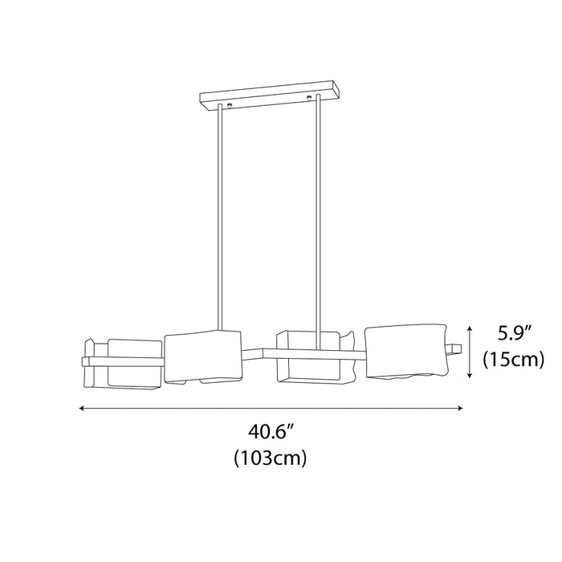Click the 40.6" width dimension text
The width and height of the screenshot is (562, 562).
coord(271,433)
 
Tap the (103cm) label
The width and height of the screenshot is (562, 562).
coord(271,458)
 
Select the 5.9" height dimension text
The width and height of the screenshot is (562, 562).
coord(513,334)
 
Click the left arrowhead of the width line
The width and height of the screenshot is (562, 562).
coord(81,408)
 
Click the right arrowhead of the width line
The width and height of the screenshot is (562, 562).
coord(461,408)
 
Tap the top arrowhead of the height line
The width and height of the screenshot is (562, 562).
coord(470,328)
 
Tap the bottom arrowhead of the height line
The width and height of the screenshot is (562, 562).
coord(470,375)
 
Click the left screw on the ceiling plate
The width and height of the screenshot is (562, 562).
coord(230,105)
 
